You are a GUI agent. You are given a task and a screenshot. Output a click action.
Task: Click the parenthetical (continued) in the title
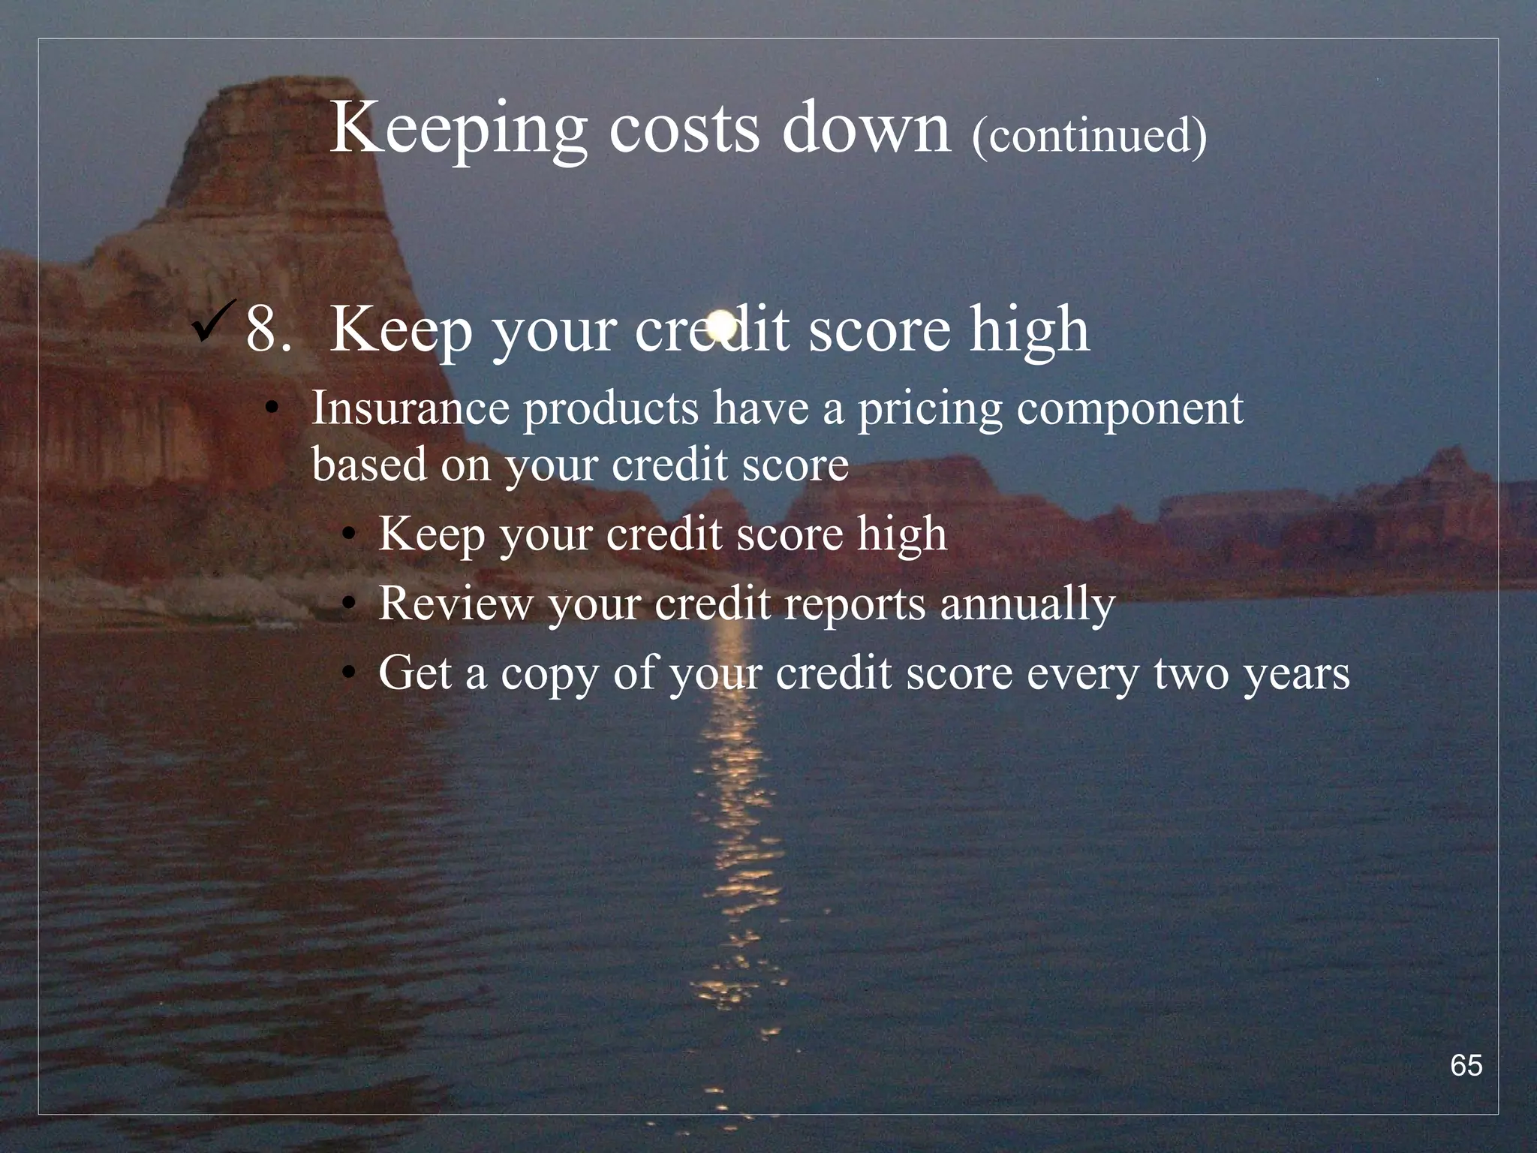point(1089,135)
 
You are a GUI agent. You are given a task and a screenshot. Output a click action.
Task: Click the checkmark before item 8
point(215,321)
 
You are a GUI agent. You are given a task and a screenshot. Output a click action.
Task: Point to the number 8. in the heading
point(267,330)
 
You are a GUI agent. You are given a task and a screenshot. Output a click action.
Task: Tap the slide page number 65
point(1466,1065)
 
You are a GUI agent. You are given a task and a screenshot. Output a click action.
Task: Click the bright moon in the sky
point(721,324)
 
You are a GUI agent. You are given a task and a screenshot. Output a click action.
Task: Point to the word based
point(368,464)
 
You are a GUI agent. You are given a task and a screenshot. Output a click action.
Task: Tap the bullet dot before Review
point(347,604)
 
